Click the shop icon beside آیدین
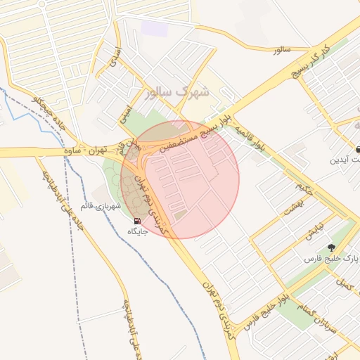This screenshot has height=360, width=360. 359,149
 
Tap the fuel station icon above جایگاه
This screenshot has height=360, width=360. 136,221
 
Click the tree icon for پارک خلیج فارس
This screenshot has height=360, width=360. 330,247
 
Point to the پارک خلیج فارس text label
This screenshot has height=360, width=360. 341,259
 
